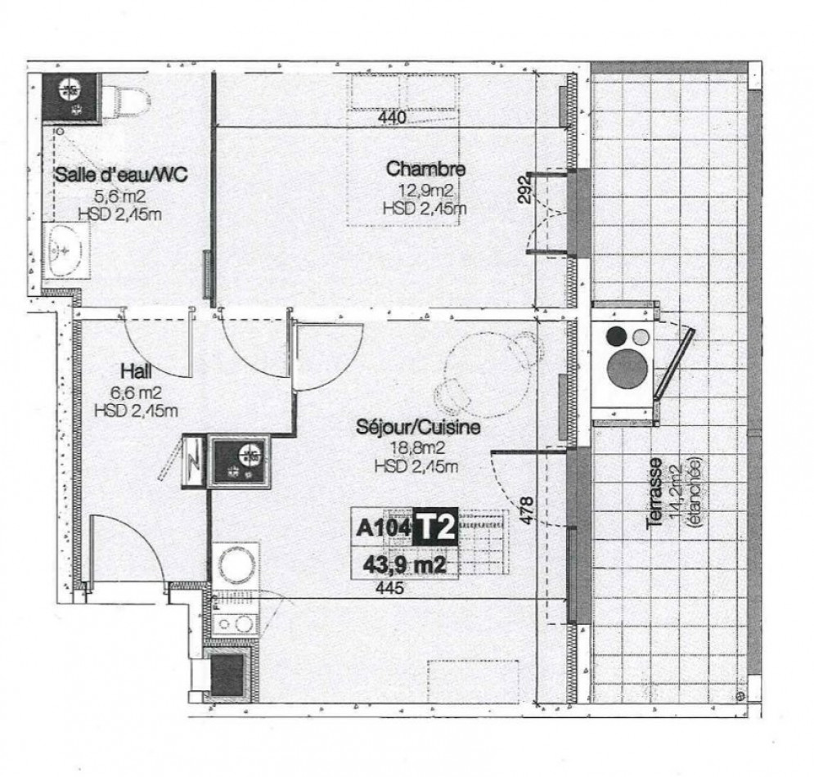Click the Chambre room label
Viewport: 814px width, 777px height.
tap(425, 170)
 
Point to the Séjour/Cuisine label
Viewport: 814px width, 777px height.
tap(417, 427)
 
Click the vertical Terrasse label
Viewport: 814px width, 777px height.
tap(654, 496)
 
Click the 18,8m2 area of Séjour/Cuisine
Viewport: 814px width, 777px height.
tap(415, 448)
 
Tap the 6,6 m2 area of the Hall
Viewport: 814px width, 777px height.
tap(136, 391)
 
